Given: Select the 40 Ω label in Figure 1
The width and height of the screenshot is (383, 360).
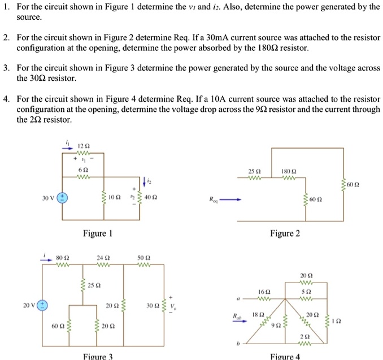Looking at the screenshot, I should coord(151,198).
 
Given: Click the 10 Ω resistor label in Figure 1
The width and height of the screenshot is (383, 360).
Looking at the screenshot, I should coord(115,198).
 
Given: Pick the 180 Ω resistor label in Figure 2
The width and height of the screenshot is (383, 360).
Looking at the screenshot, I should coord(289,171).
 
